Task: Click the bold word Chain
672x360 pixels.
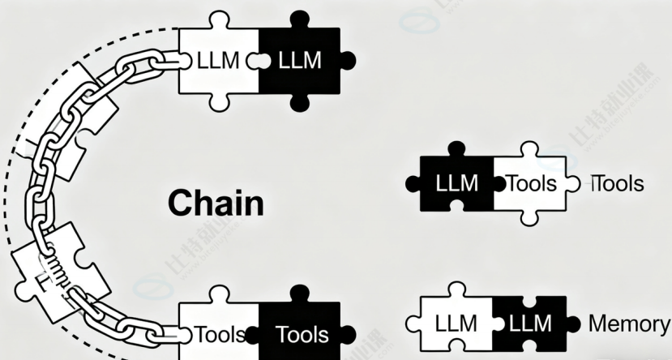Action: pos(216,203)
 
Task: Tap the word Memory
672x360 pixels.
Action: pos(629,324)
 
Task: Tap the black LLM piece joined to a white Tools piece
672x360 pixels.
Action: pos(456,183)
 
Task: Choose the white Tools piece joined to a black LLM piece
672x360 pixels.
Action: pos(531,183)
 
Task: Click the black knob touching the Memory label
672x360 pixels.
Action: pos(572,324)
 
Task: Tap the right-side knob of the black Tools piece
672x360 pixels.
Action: pos(349,334)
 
